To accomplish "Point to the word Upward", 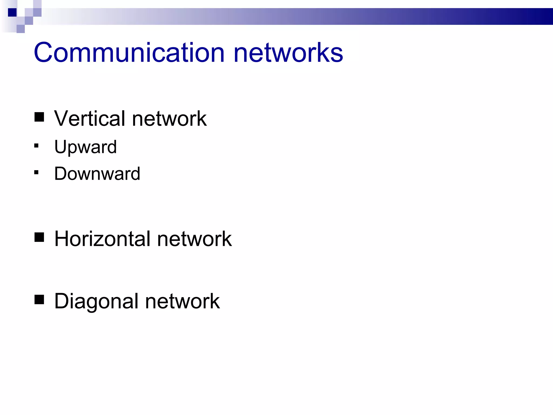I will [85, 147].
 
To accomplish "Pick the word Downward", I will [97, 173].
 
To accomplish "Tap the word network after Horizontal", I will [194, 239].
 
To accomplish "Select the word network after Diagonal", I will [183, 301].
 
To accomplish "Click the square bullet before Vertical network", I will [39, 117].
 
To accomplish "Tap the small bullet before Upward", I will [36, 146].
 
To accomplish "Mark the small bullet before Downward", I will [36, 172].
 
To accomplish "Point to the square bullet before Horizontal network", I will [39, 237].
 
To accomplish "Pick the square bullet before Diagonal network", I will [39, 300].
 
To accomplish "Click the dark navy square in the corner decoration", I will [12, 12].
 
